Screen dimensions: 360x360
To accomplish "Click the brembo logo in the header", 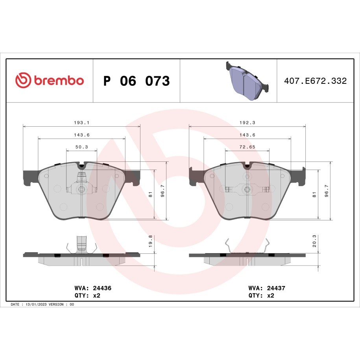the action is [50, 80].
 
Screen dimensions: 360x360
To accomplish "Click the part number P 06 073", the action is [137, 81].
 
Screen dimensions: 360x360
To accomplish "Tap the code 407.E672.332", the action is [315, 81].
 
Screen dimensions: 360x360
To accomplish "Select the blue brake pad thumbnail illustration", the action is [247, 81].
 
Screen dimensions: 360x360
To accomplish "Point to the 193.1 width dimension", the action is [81, 123].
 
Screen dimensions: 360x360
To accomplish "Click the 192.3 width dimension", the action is [247, 123].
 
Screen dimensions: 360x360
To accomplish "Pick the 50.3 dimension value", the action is [81, 147].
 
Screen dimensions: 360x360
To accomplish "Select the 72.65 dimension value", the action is [247, 147].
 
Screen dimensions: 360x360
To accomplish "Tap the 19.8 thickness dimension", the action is [150, 241].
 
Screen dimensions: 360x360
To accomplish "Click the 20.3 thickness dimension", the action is [314, 241].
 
